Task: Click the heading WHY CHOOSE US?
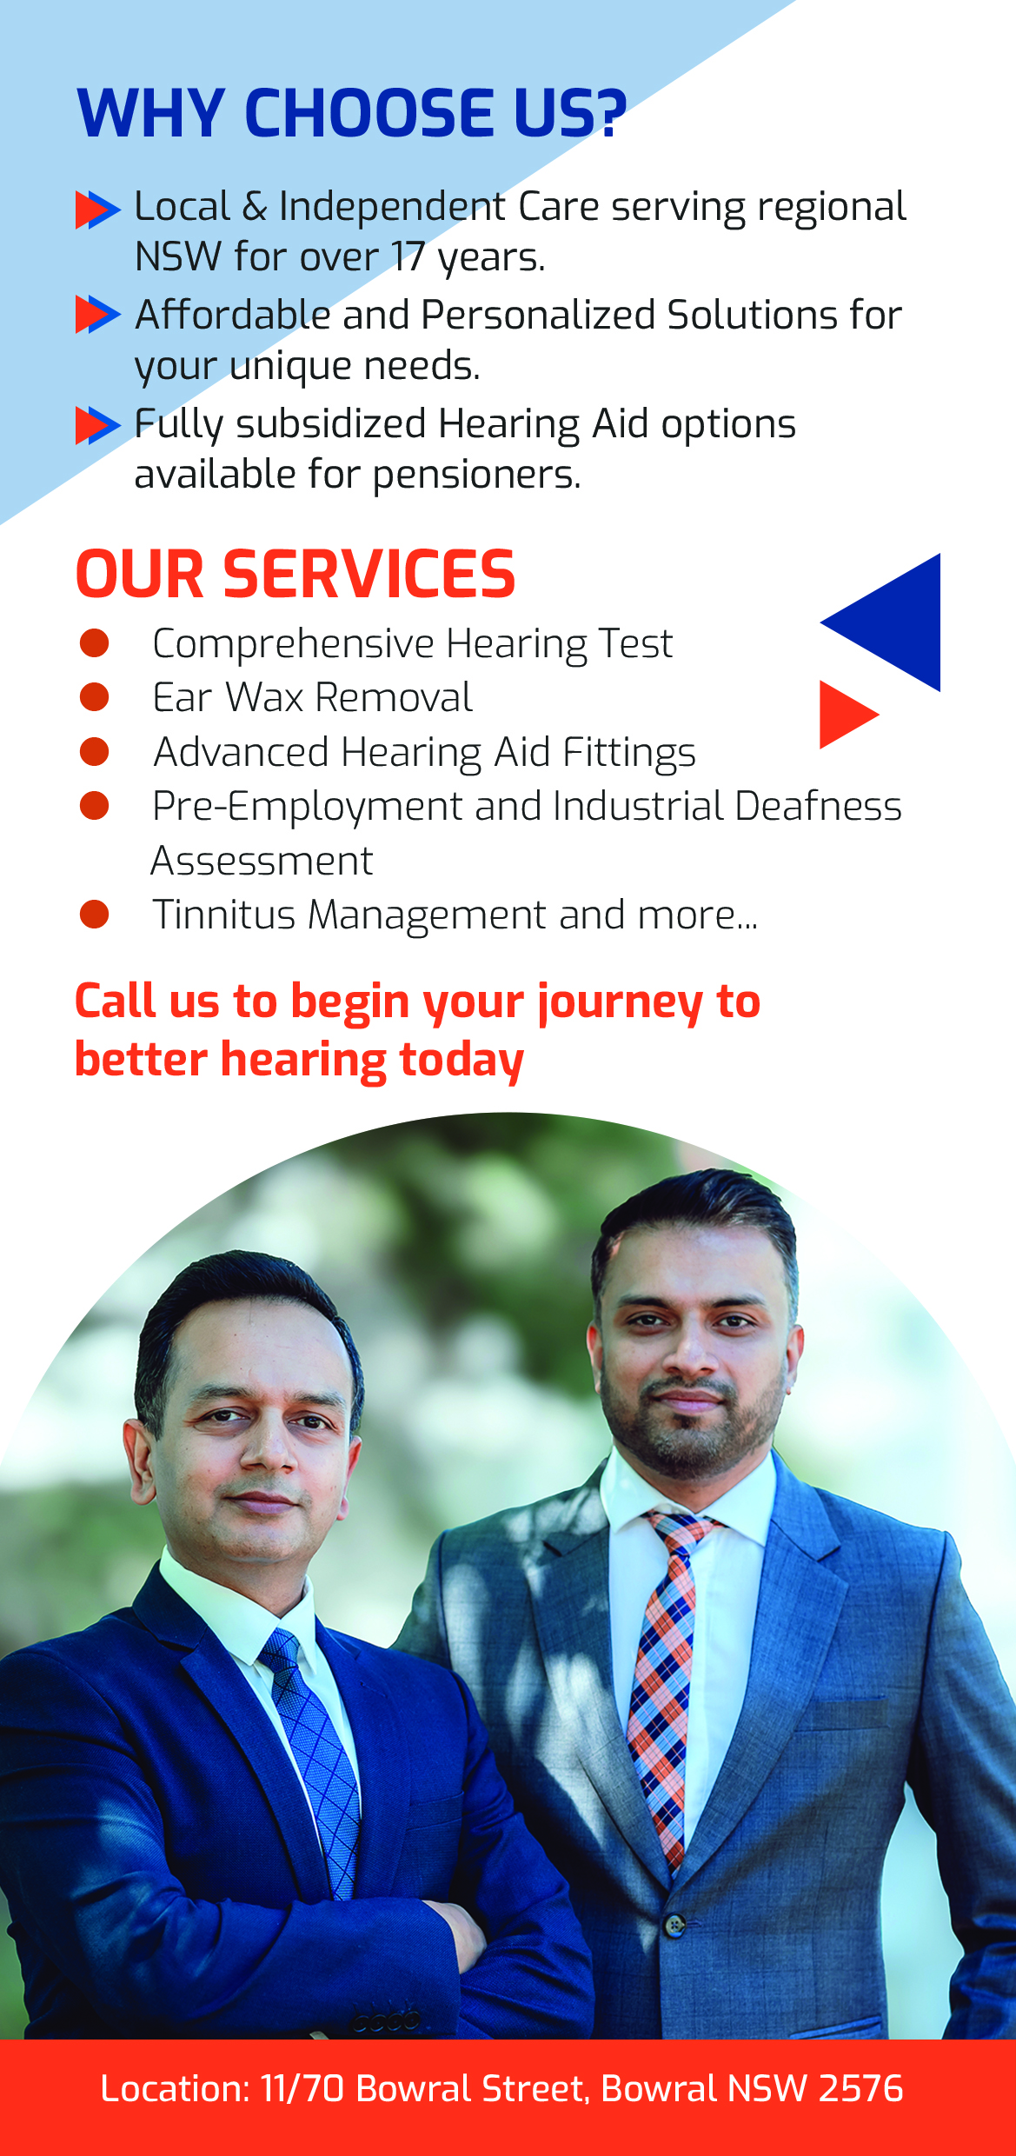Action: (351, 113)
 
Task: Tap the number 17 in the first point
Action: (407, 256)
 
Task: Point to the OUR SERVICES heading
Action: (296, 575)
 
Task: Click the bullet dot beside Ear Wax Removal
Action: (94, 697)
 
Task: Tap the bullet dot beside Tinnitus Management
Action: (94, 915)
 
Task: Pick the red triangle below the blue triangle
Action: (845, 715)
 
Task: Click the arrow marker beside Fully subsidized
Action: (97, 425)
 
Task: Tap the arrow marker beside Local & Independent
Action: (97, 210)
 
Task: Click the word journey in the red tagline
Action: (619, 1003)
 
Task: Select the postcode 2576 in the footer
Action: (860, 2088)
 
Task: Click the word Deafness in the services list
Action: (818, 806)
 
